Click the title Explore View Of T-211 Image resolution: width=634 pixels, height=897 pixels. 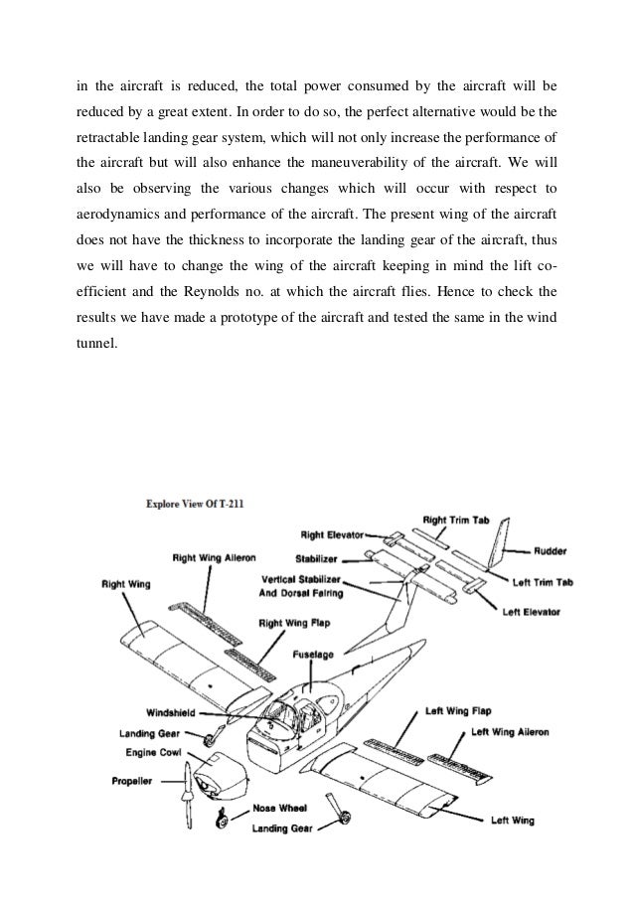click(195, 504)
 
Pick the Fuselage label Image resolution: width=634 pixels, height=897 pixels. click(315, 656)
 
